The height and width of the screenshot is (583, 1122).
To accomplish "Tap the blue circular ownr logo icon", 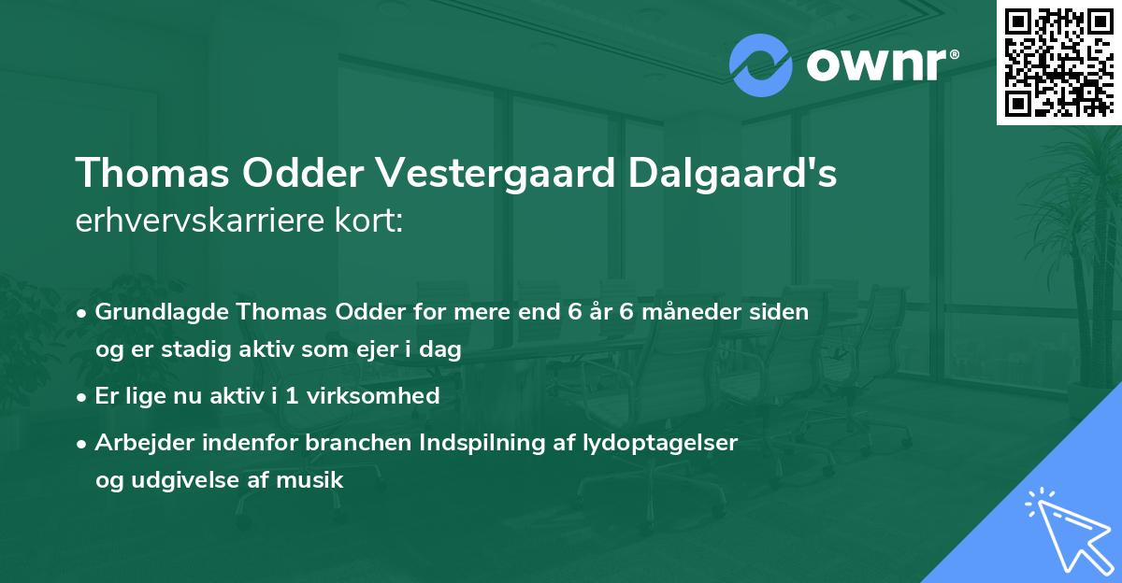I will [761, 65].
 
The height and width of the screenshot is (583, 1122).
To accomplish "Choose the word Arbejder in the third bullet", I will [138, 443].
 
